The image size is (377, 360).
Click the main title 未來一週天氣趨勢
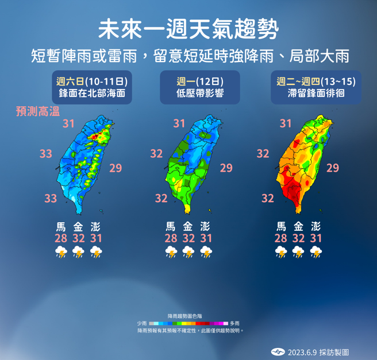[188, 27]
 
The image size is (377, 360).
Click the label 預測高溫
[38, 112]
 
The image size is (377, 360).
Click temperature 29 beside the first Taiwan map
[116, 168]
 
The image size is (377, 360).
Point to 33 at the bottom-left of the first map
[51, 198]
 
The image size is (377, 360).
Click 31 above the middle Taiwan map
[179, 123]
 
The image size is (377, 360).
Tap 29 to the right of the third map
[333, 168]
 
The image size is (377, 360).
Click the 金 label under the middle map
[187, 226]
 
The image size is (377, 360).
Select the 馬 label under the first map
[60, 226]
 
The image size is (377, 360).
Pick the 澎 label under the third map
[316, 226]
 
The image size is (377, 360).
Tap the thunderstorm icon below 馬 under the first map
[60, 251]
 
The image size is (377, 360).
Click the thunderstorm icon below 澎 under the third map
[316, 251]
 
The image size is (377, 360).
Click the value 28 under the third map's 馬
[280, 238]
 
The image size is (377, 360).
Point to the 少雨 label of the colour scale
[142, 323]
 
